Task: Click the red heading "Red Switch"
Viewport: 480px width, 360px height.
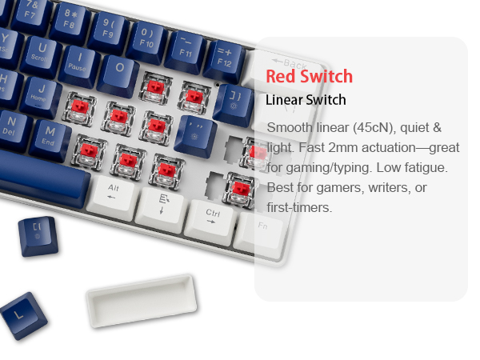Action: (309, 78)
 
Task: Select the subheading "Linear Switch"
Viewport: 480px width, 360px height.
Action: (306, 101)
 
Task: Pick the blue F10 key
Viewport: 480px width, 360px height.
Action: (146, 40)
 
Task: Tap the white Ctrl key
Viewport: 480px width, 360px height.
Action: (212, 217)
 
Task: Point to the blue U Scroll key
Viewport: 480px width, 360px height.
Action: (40, 53)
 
